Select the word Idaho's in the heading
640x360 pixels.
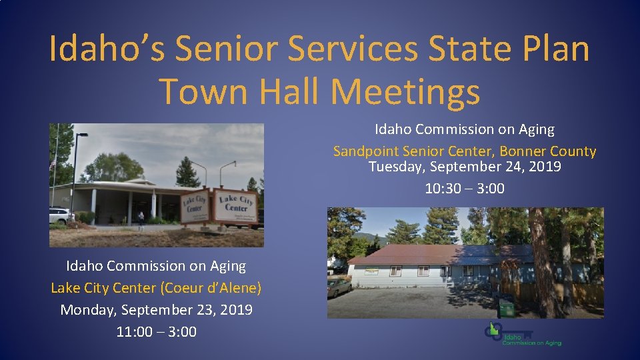click(x=107, y=49)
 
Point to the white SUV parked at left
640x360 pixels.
click(x=59, y=215)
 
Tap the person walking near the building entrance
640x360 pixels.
click(x=141, y=217)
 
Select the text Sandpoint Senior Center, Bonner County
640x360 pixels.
click(x=465, y=151)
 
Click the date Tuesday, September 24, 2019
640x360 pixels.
click(x=465, y=167)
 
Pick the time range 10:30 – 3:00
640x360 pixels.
click(x=465, y=189)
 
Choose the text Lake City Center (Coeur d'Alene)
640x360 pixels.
click(x=156, y=288)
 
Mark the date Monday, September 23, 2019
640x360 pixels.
click(x=156, y=310)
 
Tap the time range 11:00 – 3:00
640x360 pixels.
click(x=156, y=331)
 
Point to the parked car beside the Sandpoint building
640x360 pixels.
click(x=339, y=287)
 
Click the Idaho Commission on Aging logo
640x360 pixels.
click(x=523, y=334)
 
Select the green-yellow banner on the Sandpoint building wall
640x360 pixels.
click(x=371, y=271)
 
